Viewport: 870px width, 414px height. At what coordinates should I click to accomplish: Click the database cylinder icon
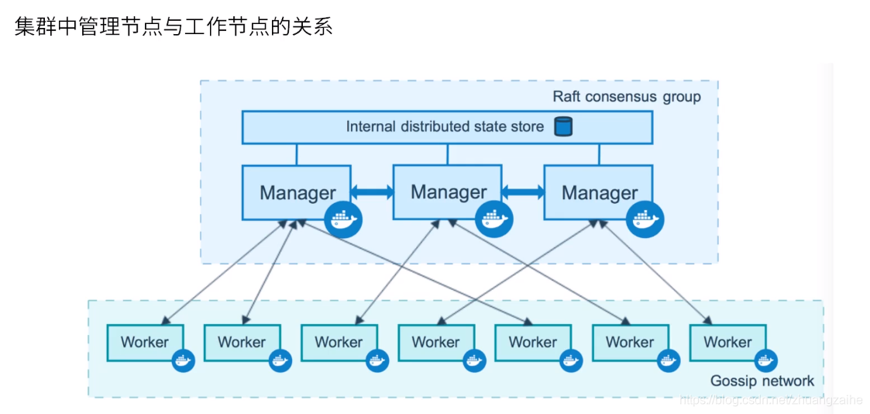click(562, 126)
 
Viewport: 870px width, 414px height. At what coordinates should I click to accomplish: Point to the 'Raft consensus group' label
click(626, 97)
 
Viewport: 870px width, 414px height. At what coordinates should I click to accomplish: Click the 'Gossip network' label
click(762, 381)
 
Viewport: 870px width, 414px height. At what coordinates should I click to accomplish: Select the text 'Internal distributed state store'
click(445, 126)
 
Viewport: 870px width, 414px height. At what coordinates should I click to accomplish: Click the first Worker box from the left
click(144, 342)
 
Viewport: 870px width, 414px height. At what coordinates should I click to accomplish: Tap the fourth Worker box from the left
click(435, 342)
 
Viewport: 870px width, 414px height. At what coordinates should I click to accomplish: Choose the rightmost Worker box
click(727, 342)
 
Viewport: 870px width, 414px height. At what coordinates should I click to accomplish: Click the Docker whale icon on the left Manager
click(343, 219)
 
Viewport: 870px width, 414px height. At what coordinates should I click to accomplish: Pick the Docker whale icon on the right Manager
click(645, 219)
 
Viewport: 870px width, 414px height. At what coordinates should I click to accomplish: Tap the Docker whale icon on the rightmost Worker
click(765, 360)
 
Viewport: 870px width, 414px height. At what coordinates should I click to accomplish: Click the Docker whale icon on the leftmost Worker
click(183, 360)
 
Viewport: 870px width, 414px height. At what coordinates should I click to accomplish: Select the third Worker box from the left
click(339, 342)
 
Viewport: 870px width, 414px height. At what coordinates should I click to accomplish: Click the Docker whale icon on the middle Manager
click(493, 219)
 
